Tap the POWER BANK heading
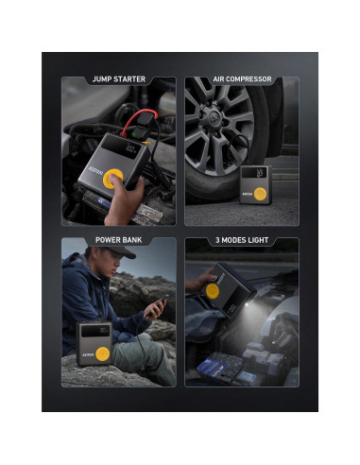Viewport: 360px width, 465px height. [x=119, y=241]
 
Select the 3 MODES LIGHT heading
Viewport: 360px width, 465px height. [x=242, y=241]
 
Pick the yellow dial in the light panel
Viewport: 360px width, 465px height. [x=212, y=293]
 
